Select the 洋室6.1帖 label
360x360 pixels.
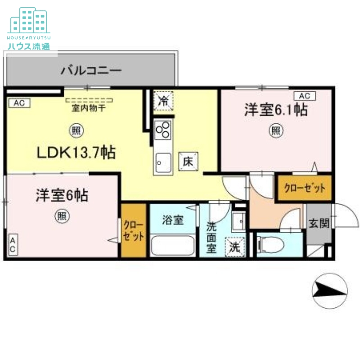click(x=276, y=110)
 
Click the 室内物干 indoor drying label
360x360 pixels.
click(x=89, y=108)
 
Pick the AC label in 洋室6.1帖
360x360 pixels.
click(x=305, y=96)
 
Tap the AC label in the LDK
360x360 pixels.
click(x=19, y=103)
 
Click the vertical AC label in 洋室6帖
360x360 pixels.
click(x=13, y=246)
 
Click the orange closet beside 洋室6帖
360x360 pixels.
click(x=134, y=230)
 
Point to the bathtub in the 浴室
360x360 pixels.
click(x=173, y=246)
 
